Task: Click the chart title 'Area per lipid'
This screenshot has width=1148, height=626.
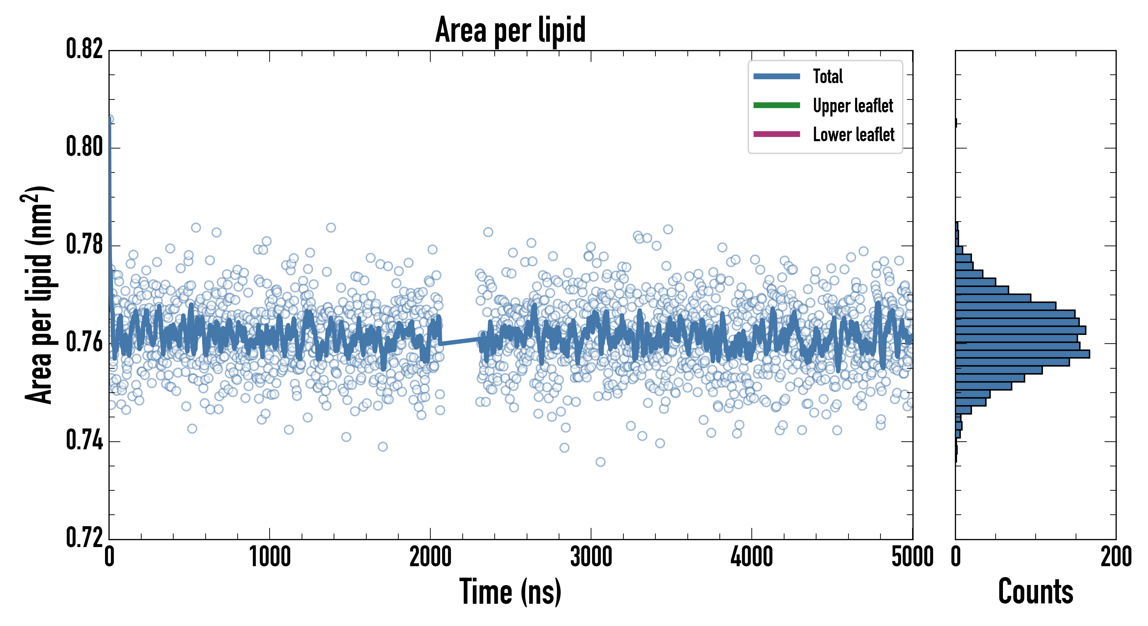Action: pos(510,30)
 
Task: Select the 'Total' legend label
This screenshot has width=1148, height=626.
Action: pos(828,76)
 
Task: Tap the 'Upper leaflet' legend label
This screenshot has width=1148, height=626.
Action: pos(853,106)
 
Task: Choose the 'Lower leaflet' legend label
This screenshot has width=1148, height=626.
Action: pos(853,135)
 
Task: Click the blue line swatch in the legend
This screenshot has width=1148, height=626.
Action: pos(776,76)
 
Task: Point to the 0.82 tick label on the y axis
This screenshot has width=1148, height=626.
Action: pos(84,49)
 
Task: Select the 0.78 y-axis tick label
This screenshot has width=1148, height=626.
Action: pos(84,244)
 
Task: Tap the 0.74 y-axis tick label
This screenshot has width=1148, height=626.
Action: pos(84,440)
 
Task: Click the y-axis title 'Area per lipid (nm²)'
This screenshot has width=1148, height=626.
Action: pos(38,295)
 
